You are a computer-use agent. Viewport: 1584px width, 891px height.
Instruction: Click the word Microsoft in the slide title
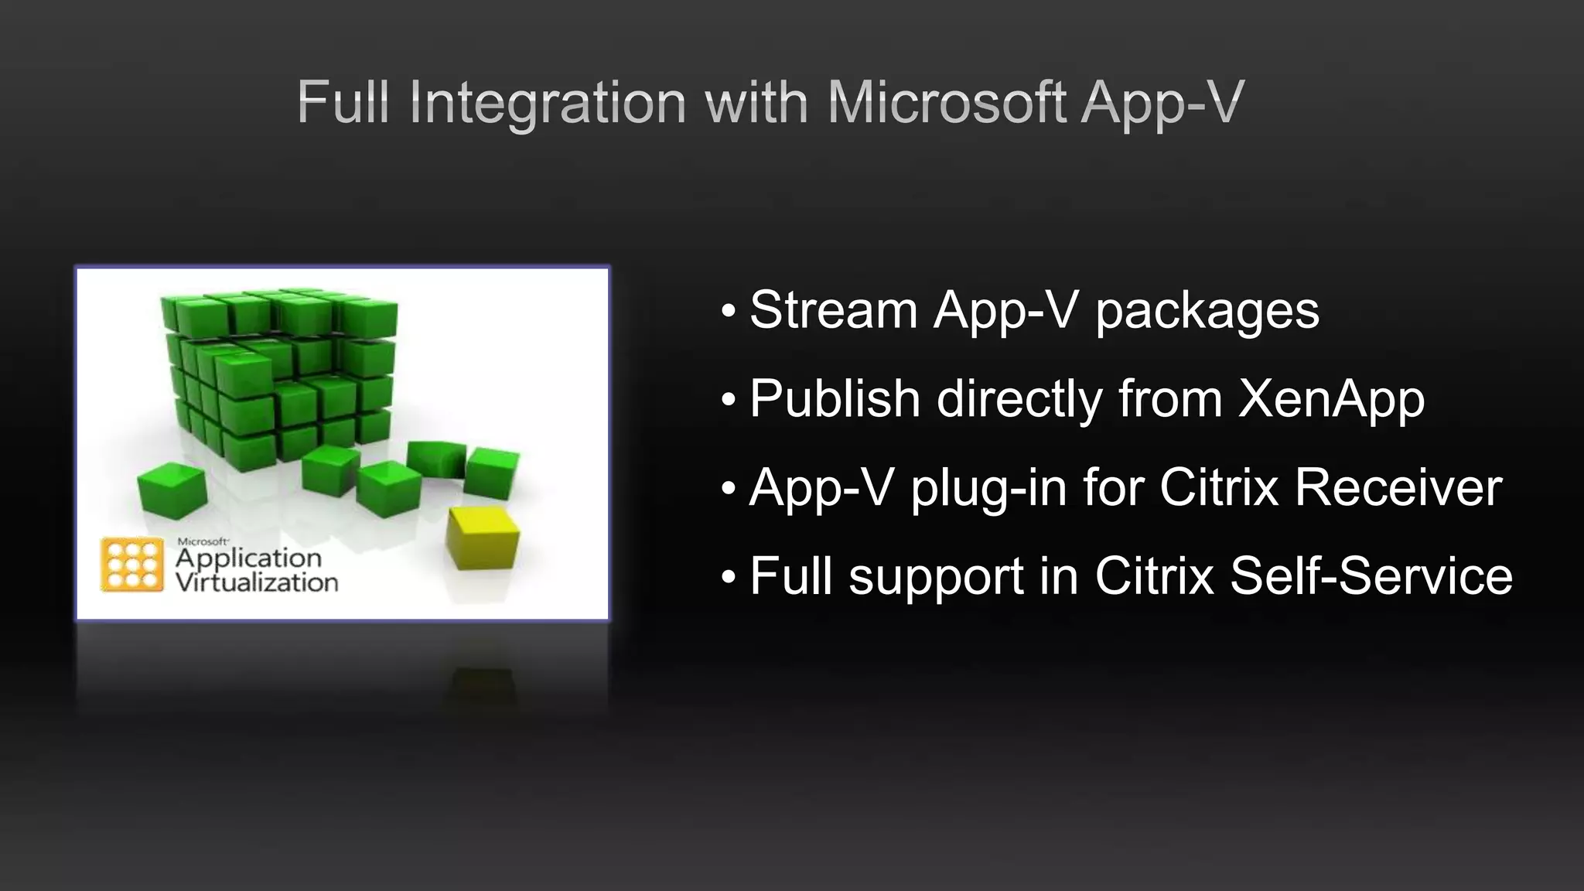pyautogui.click(x=947, y=102)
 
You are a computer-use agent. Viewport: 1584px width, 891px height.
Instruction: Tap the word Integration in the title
pyautogui.click(x=548, y=104)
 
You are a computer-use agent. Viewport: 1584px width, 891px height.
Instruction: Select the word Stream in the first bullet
pyautogui.click(x=834, y=310)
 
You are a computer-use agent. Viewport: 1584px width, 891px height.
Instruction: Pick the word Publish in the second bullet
pyautogui.click(x=835, y=399)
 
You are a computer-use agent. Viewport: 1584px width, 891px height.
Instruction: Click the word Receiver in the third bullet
pyautogui.click(x=1398, y=488)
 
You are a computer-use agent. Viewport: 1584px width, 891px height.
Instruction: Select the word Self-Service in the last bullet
pyautogui.click(x=1371, y=576)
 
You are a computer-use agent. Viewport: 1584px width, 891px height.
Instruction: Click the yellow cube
pyautogui.click(x=483, y=538)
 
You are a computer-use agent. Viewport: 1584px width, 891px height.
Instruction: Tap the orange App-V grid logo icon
pyautogui.click(x=132, y=565)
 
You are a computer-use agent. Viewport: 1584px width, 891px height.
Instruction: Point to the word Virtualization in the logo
pyautogui.click(x=257, y=582)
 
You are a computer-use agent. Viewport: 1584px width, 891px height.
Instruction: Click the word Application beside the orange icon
pyautogui.click(x=248, y=558)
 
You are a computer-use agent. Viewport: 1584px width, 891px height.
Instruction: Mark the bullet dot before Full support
pyautogui.click(x=728, y=578)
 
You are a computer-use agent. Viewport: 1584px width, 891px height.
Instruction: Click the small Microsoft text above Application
pyautogui.click(x=203, y=541)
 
